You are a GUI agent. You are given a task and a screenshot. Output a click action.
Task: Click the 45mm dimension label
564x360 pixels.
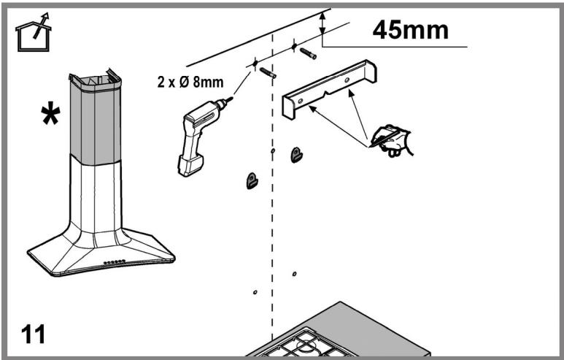[410, 29]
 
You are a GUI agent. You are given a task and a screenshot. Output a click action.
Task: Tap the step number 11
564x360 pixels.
[33, 334]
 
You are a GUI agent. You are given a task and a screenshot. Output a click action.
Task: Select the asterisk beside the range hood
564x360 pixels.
[50, 113]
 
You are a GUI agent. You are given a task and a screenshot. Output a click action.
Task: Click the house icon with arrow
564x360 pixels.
[33, 32]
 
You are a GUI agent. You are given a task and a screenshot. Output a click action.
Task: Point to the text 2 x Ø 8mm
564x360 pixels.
[190, 82]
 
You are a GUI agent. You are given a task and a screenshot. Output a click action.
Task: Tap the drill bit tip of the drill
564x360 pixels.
[232, 97]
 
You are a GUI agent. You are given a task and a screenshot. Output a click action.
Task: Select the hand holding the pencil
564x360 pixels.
[392, 140]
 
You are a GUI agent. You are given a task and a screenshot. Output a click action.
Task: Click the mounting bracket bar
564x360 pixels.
[330, 88]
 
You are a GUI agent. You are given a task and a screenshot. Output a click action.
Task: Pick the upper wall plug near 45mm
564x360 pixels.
[308, 53]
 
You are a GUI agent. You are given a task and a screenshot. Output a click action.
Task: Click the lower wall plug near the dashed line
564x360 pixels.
[268, 73]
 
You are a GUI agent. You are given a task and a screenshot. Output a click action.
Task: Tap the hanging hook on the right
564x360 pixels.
[296, 155]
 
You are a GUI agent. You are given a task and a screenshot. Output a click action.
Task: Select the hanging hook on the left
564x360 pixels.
[252, 180]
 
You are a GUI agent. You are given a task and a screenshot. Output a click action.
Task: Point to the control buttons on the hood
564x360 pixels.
[115, 261]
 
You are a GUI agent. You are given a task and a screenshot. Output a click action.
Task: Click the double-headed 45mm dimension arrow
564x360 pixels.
[322, 23]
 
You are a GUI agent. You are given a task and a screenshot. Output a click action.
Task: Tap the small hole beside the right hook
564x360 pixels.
[273, 150]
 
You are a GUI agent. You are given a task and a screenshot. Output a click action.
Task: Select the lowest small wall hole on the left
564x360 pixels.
[255, 292]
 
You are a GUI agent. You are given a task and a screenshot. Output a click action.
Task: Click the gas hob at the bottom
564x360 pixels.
[337, 332]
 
